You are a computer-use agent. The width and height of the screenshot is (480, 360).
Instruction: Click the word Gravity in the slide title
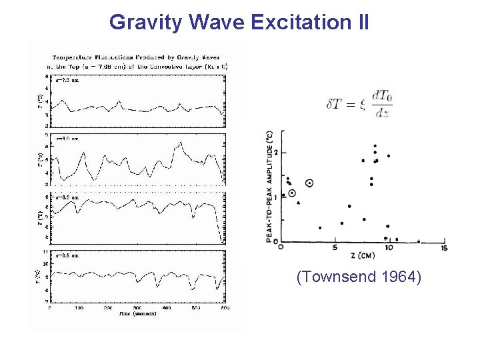pyautogui.click(x=147, y=22)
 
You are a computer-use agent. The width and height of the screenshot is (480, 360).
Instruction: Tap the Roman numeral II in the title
pyautogui.click(x=360, y=22)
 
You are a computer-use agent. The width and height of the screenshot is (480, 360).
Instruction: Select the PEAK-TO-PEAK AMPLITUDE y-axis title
pyautogui.click(x=270, y=185)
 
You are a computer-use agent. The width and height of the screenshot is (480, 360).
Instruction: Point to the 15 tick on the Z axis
pyautogui.click(x=443, y=248)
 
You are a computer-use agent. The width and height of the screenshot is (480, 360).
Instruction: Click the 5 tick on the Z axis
pyautogui.click(x=335, y=248)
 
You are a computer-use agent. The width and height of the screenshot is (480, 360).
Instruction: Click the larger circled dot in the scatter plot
pyautogui.click(x=309, y=183)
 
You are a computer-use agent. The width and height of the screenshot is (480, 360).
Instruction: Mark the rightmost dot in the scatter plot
pyautogui.click(x=419, y=241)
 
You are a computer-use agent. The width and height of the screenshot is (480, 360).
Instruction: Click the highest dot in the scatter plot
pyautogui.click(x=375, y=145)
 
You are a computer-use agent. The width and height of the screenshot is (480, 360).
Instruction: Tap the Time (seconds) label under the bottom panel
pyautogui.click(x=138, y=313)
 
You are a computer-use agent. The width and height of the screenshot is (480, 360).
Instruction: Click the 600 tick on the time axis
pyautogui.click(x=224, y=308)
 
